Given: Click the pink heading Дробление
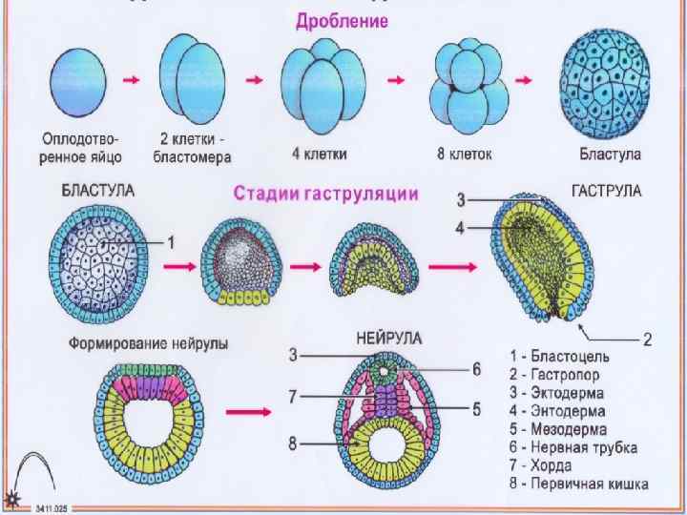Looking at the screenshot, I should pos(341,20).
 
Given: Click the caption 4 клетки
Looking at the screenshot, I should pos(320,153).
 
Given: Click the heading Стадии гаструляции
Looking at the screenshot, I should pos(325,195).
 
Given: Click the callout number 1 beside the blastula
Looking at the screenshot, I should pos(171,242).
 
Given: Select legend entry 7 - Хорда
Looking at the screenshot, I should pos(540,465).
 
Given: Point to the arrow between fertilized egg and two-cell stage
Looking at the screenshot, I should pos(132,81).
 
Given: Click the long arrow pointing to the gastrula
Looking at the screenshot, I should pos(454,270).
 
